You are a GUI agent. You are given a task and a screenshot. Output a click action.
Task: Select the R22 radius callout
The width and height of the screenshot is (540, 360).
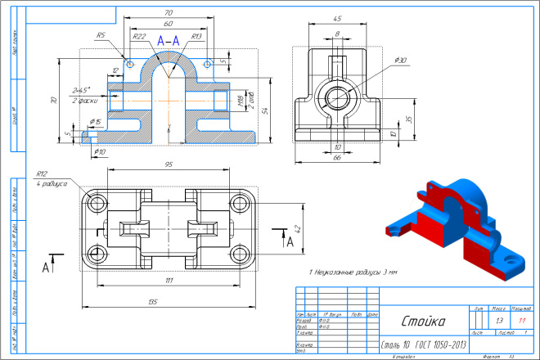pyautogui.click(x=139, y=37)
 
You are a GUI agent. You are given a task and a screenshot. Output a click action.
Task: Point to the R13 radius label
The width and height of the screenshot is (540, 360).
pyautogui.click(x=196, y=37)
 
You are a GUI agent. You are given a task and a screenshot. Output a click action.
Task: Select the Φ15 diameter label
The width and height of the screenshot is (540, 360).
pyautogui.click(x=95, y=122)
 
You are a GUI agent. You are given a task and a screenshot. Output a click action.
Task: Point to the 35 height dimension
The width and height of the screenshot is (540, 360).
pyautogui.click(x=409, y=119)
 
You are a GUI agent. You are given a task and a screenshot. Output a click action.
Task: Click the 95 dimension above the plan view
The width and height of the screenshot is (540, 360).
pyautogui.click(x=168, y=164)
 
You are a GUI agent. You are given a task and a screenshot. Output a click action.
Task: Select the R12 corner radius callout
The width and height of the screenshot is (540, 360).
pyautogui.click(x=43, y=174)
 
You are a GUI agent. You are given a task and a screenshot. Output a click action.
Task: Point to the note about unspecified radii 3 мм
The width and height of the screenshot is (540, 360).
pyautogui.click(x=352, y=271)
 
